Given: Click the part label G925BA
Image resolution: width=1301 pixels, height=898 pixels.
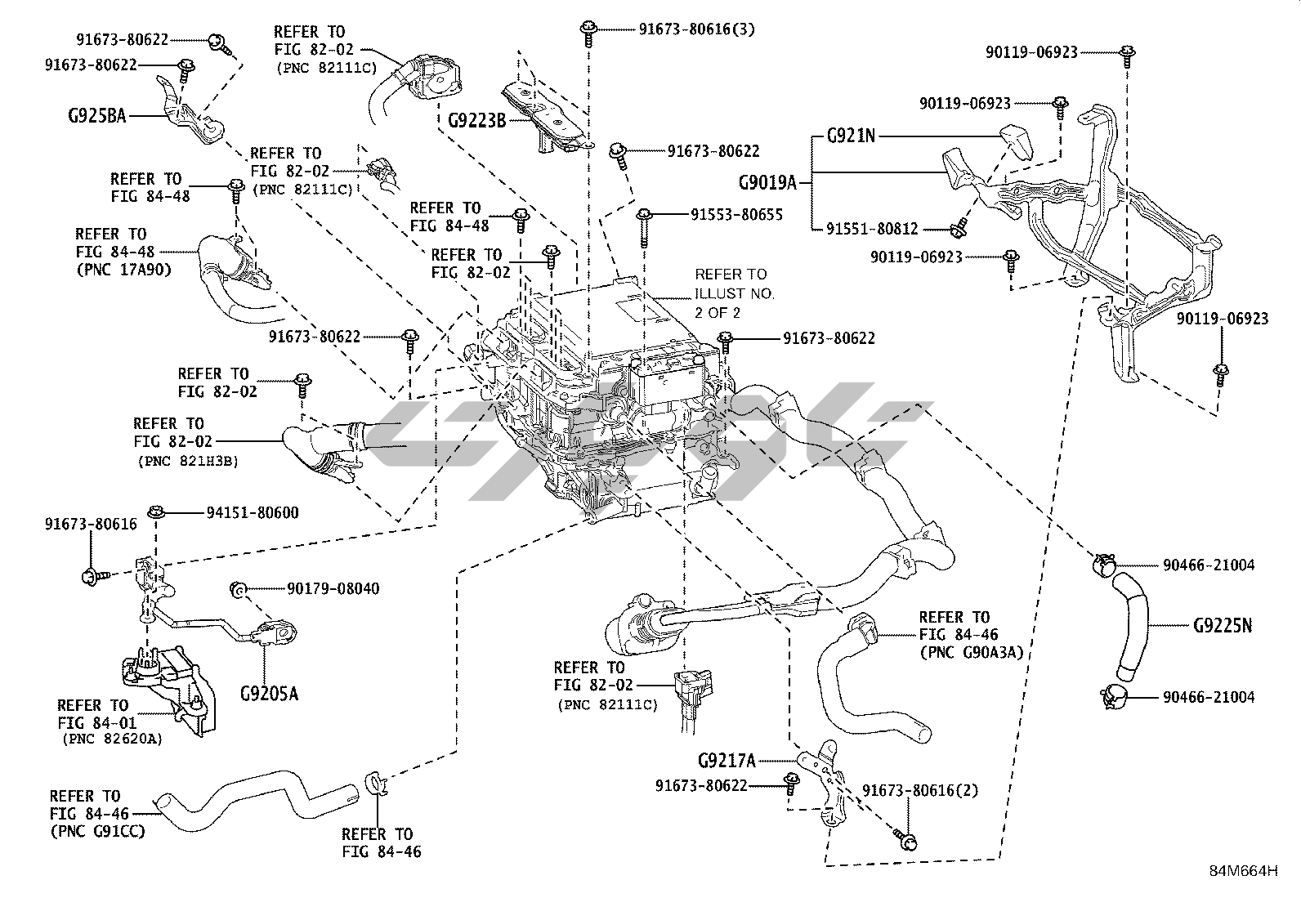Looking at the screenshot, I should (x=97, y=115).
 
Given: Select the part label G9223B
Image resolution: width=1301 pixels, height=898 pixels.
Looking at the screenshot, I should (x=477, y=121).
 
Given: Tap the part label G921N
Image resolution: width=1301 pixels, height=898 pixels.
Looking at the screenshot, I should (x=851, y=136).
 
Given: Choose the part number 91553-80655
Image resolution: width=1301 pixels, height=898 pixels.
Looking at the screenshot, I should (x=736, y=215).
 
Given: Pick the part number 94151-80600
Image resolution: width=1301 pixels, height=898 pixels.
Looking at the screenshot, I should (x=252, y=513).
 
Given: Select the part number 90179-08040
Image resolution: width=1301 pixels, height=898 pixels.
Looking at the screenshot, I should (x=333, y=588).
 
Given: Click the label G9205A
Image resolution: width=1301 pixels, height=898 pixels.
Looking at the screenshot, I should (x=269, y=695).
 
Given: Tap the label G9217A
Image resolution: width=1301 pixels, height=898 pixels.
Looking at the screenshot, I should (x=727, y=761).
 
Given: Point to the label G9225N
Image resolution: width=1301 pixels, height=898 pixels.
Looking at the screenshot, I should (x=1223, y=626).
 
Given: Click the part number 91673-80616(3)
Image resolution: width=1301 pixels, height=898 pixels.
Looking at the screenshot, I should (x=696, y=29).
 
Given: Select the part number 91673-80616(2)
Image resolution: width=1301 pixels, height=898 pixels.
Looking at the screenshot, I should (x=920, y=790).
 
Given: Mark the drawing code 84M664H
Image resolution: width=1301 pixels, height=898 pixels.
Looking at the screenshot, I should (x=1243, y=871).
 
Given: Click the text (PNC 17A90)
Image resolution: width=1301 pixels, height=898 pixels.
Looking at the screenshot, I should (x=123, y=269).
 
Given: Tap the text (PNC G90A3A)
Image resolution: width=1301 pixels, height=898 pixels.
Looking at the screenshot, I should (x=971, y=652).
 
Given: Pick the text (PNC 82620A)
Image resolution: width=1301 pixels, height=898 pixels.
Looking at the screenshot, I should (x=111, y=739).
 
